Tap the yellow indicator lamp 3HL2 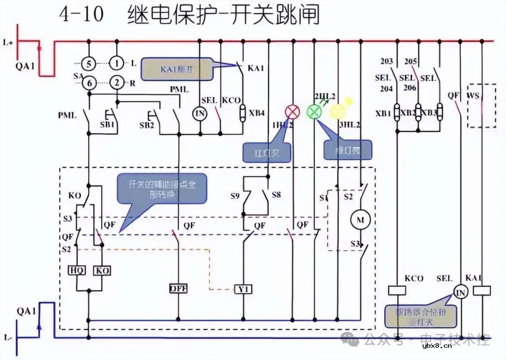coord(337,112)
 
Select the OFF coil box coord(179,289)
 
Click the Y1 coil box coord(244,289)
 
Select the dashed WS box coord(482,106)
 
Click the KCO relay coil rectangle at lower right coord(397,291)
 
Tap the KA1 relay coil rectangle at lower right coord(482,291)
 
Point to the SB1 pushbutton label coord(107,126)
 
